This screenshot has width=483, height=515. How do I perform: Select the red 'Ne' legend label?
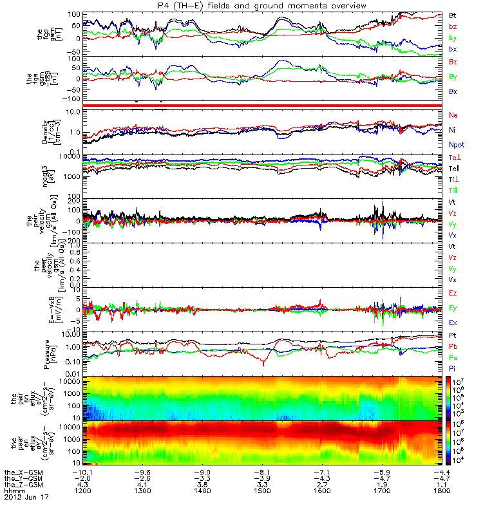tap(453, 115)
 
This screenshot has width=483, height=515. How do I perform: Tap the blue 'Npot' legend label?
tap(457, 145)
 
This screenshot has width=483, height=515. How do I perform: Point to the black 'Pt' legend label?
tap(453, 335)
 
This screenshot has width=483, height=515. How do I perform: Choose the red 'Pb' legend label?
tap(453, 346)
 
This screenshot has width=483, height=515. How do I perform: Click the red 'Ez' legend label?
tap(453, 293)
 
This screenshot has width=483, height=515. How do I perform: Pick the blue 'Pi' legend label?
tap(453, 366)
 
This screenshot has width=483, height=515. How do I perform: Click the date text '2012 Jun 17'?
tap(26, 498)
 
